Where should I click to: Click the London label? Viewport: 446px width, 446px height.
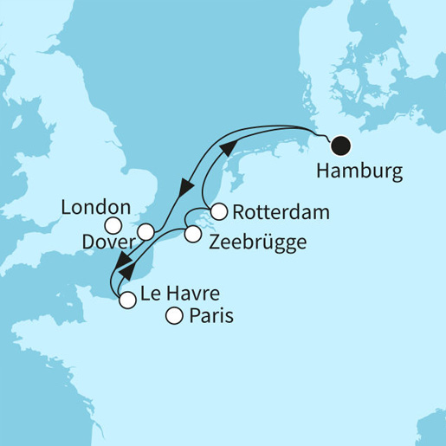(96, 208)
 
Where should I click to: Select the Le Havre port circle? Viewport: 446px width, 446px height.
(128, 301)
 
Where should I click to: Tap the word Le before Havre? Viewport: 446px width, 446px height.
(152, 294)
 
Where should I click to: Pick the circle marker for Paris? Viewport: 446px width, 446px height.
(174, 317)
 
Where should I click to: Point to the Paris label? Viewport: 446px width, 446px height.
(211, 318)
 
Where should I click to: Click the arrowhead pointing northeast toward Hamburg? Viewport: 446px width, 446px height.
(226, 148)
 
